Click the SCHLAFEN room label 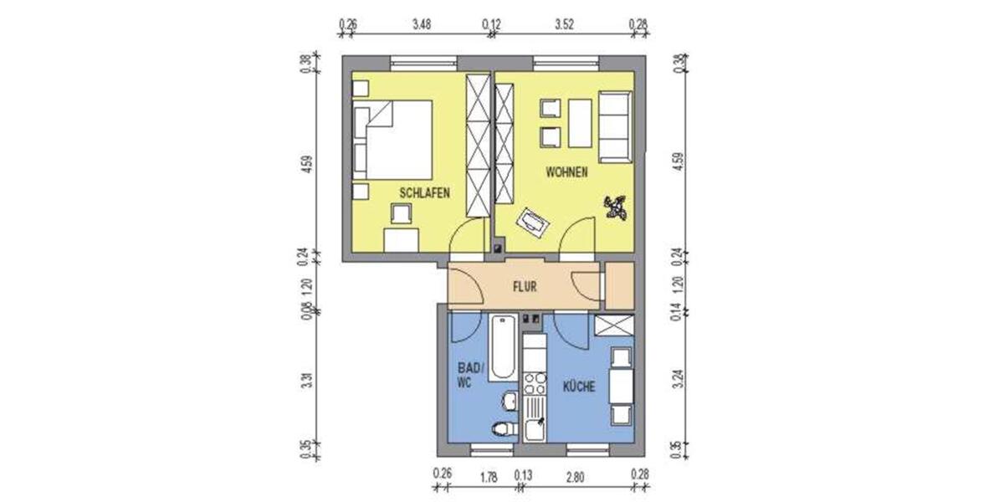(425, 193)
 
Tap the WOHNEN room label (566, 173)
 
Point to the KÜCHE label (578, 387)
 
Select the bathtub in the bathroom (503, 346)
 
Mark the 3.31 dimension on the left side (310, 384)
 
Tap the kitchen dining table (621, 387)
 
